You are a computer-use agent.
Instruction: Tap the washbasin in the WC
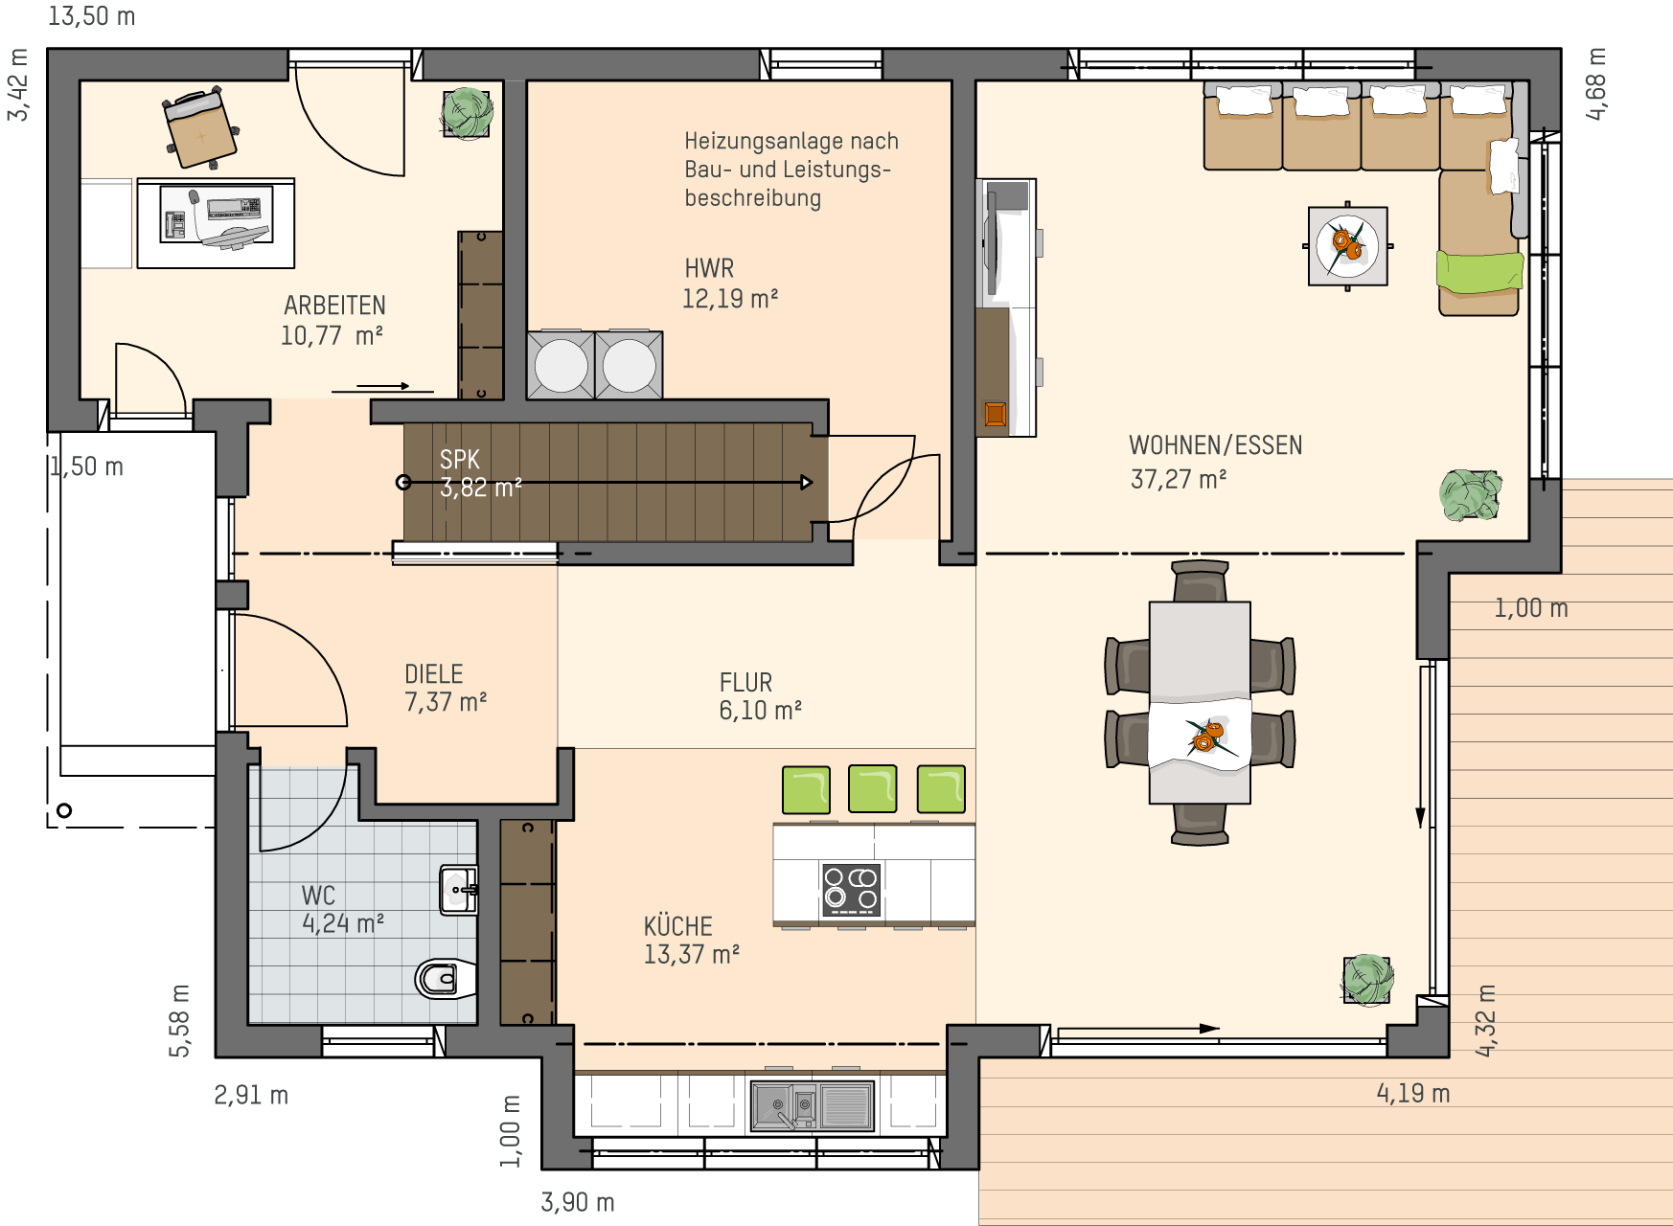pyautogui.click(x=458, y=890)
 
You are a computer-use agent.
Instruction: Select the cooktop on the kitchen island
pyautogui.click(x=851, y=889)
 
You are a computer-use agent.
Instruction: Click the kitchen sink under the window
pyautogui.click(x=813, y=1106)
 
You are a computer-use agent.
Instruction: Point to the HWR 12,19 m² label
pyautogui.click(x=730, y=284)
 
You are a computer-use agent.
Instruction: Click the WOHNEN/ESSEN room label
pyautogui.click(x=1215, y=445)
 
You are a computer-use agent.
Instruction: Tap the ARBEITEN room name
pyautogui.click(x=334, y=306)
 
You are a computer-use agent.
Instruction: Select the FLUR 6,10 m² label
pyautogui.click(x=760, y=696)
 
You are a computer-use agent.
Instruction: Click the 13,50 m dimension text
pyautogui.click(x=92, y=16)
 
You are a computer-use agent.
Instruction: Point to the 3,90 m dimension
pyautogui.click(x=578, y=1202)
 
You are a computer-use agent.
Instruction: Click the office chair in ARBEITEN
pyautogui.click(x=200, y=127)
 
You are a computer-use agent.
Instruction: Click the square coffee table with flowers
pyautogui.click(x=1348, y=246)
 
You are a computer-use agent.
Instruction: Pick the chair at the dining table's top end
pyautogui.click(x=1200, y=580)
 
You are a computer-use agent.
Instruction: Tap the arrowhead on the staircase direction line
pyautogui.click(x=807, y=483)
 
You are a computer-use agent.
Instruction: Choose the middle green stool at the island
pyautogui.click(x=873, y=789)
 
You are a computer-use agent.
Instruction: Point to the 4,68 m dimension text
pyautogui.click(x=1595, y=83)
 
